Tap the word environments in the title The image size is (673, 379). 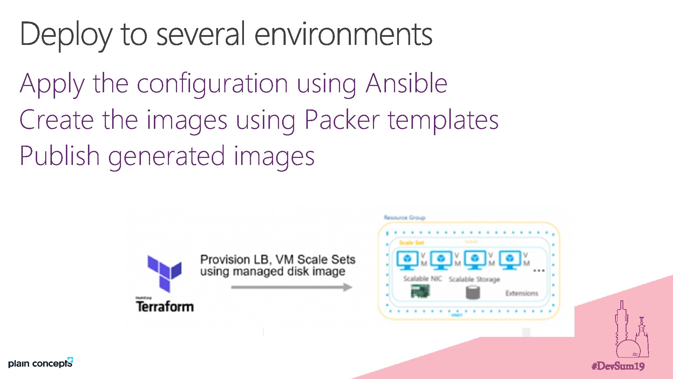click(343, 34)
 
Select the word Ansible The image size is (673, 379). click(406, 84)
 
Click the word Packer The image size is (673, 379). click(342, 120)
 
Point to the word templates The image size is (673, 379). click(443, 120)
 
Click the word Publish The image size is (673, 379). click(60, 156)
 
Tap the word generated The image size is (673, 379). click(166, 157)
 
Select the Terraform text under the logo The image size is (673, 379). click(165, 306)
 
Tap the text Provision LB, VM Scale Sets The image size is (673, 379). click(278, 259)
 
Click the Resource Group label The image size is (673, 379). click(405, 218)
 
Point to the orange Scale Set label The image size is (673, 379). click(412, 242)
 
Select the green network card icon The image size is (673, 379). click(420, 291)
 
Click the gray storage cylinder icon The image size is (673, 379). click(473, 292)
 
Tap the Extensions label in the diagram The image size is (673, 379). click(522, 293)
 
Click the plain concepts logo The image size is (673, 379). click(40, 363)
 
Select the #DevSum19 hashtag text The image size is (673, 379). click(618, 366)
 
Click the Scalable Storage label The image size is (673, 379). click(474, 279)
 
